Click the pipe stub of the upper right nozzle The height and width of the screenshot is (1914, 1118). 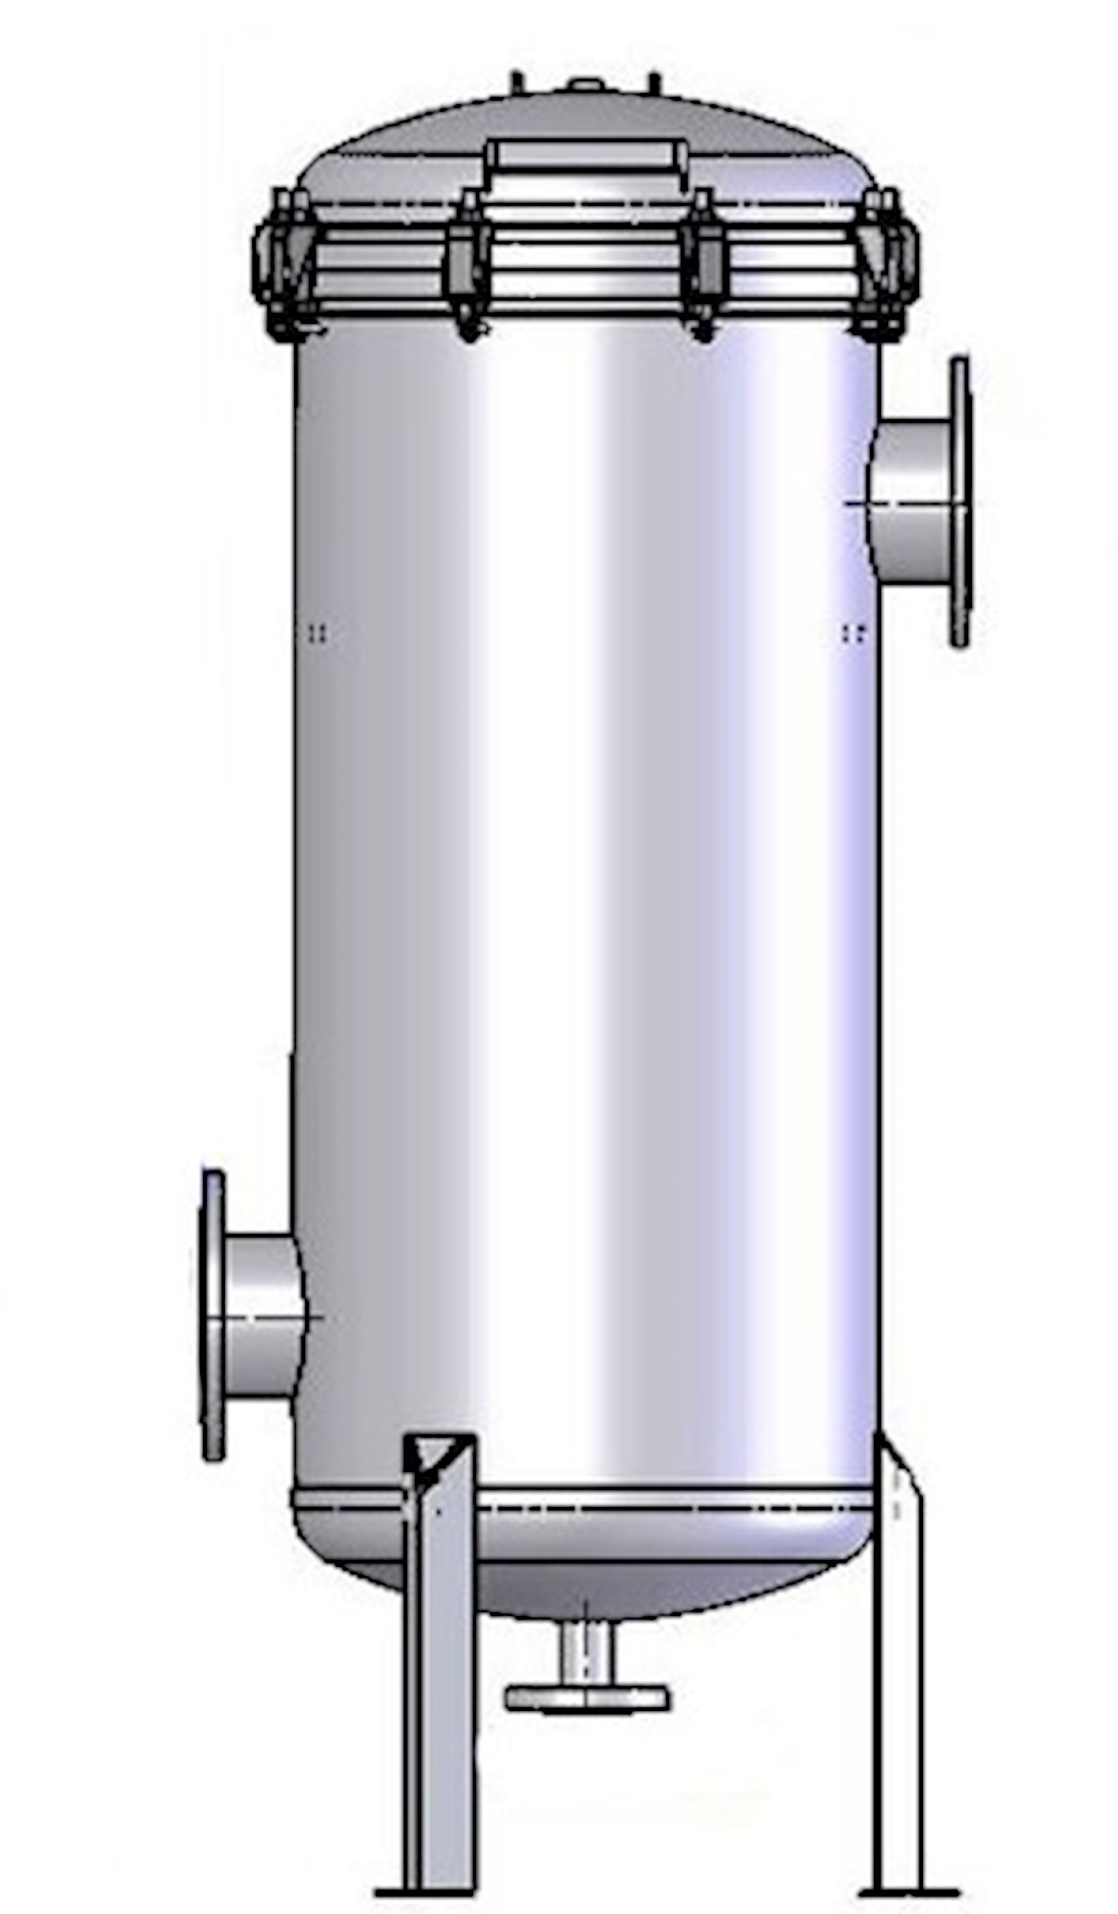913,501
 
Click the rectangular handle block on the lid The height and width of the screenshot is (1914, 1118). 586,155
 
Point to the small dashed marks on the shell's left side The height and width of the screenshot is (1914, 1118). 319,633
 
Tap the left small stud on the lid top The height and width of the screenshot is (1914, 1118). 516,82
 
